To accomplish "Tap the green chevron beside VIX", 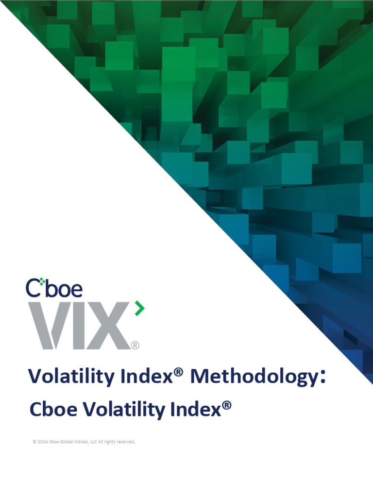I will [139, 308].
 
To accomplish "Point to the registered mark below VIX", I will [135, 345].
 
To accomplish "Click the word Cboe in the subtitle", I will [51, 410].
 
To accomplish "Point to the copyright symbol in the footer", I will [34, 442].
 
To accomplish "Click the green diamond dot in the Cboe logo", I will [42, 281].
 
